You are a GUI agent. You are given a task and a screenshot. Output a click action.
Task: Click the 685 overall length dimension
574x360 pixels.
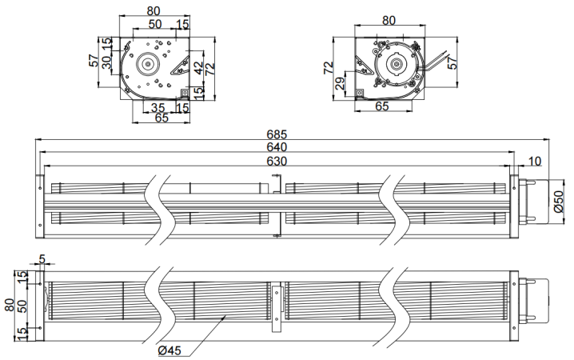[277, 134]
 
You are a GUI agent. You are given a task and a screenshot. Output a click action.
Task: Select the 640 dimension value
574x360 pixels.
[277, 147]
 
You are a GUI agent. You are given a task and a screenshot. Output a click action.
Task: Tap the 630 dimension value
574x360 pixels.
[277, 161]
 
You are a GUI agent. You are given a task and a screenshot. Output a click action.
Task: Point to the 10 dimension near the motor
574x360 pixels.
[535, 161]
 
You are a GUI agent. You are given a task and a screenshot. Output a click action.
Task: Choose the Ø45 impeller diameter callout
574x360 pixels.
[169, 350]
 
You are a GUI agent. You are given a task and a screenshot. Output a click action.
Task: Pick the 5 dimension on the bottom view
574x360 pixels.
[42, 259]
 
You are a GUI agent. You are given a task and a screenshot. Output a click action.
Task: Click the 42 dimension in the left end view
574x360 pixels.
[198, 68]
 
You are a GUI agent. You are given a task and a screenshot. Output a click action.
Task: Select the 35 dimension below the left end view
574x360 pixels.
[157, 108]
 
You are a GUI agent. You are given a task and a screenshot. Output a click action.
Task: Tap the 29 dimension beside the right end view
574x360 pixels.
[340, 83]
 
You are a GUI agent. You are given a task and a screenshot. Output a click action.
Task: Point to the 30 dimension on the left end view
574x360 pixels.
[106, 62]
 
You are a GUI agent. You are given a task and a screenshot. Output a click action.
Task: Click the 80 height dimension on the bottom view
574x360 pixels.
[10, 305]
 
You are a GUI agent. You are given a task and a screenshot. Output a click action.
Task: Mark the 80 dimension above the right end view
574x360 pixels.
[389, 21]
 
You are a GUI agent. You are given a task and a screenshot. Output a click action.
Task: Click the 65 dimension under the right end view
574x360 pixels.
[382, 106]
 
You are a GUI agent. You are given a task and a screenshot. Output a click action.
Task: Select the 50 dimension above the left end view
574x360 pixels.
[155, 24]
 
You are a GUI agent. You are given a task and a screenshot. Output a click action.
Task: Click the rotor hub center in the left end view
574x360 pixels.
[148, 65]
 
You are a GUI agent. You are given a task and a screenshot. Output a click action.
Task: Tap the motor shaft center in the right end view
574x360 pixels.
[397, 65]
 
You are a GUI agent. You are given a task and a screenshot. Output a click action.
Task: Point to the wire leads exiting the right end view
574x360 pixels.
[436, 61]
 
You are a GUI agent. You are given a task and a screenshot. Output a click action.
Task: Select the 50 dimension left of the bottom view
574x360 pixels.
[22, 305]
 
